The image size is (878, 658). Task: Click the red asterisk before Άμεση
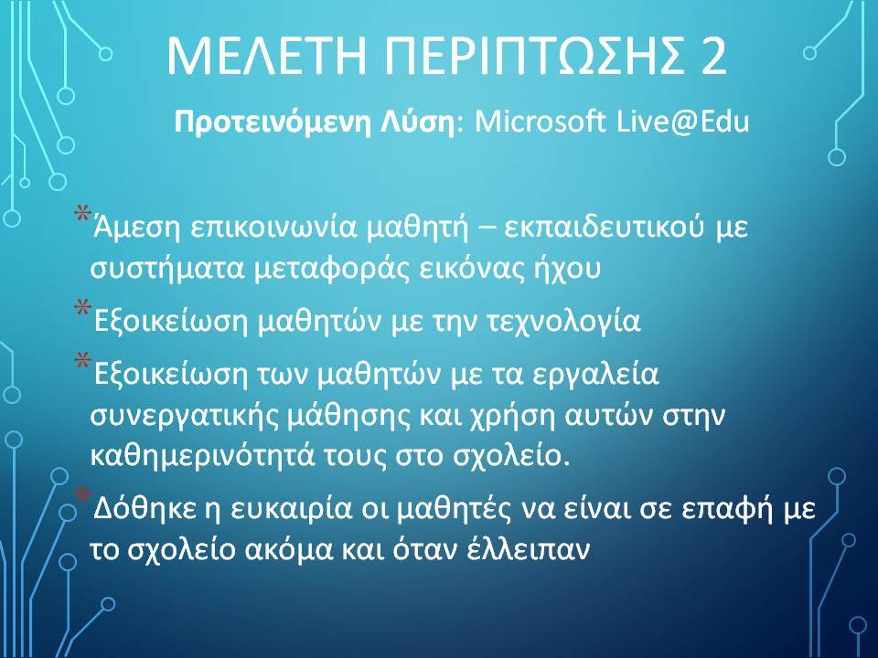tap(82, 214)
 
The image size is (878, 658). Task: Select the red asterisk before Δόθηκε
tap(83, 495)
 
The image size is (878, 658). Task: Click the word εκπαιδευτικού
tap(603, 228)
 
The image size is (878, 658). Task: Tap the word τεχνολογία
tap(564, 321)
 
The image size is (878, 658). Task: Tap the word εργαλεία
tap(594, 375)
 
